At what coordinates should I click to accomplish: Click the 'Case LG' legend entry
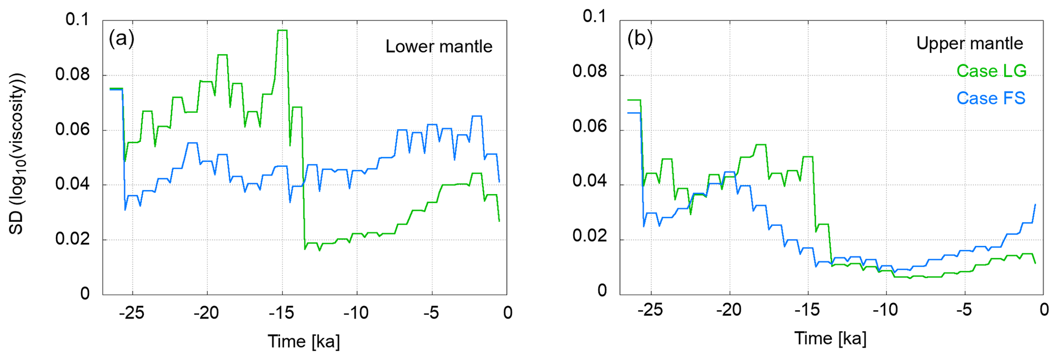[x=991, y=71]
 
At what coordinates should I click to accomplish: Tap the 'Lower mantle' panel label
[x=439, y=47]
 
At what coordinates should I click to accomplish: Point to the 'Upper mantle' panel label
[x=969, y=44]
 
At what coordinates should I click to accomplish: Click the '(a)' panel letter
[x=121, y=38]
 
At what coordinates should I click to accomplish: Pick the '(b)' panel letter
[x=640, y=38]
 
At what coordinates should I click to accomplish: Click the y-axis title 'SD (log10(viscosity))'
[x=17, y=154]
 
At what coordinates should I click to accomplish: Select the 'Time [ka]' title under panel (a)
[x=304, y=341]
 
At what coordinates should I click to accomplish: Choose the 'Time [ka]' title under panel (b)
[x=830, y=338]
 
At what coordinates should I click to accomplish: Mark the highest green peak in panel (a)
[x=282, y=31]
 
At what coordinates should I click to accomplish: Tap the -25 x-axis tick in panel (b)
[x=651, y=309]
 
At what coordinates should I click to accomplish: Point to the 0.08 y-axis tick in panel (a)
[x=72, y=75]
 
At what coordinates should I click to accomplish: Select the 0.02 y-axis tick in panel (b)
[x=590, y=236]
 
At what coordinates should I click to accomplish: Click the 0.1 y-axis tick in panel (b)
[x=595, y=16]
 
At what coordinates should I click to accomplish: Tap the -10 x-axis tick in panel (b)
[x=886, y=309]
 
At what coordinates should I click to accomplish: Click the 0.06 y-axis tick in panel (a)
[x=72, y=130]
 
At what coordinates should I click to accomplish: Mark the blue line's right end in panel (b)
[x=1035, y=205]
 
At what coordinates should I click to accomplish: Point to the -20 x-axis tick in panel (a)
[x=207, y=312]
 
